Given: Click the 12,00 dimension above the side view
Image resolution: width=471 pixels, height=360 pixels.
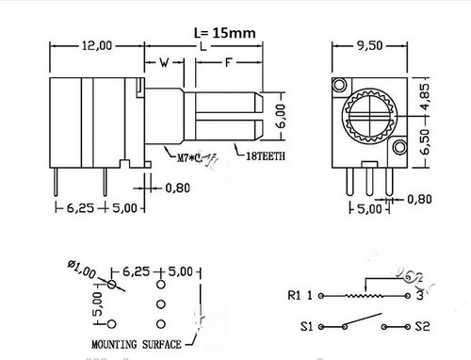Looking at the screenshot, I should [x=96, y=45].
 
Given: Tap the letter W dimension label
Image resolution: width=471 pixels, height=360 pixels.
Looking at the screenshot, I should [x=166, y=63].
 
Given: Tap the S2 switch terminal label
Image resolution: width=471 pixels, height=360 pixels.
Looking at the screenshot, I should [x=425, y=327].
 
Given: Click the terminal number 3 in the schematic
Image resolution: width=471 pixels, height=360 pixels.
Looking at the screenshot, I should [x=417, y=295].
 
